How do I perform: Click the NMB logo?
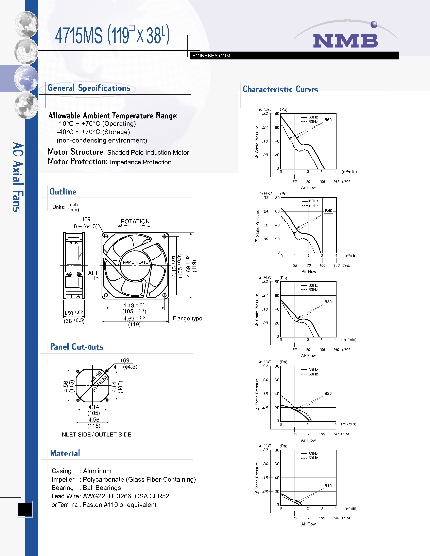tap(345, 40)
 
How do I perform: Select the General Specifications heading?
tap(89, 88)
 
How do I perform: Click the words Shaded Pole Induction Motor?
tap(148, 152)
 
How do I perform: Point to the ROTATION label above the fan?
tap(135, 221)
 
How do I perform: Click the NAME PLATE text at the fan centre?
tap(135, 262)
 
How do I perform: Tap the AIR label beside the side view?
tap(92, 273)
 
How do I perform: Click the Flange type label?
tap(187, 318)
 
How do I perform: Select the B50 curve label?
tap(328, 120)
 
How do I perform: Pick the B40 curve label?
tap(328, 211)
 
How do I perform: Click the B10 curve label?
tap(328, 486)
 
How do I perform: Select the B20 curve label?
tap(328, 394)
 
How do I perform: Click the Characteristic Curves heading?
tap(280, 89)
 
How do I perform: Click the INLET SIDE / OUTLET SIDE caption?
tap(96, 434)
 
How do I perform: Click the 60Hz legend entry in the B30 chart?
tap(313, 285)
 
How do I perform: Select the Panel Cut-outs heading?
tap(77, 347)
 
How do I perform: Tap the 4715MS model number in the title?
tap(79, 35)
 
